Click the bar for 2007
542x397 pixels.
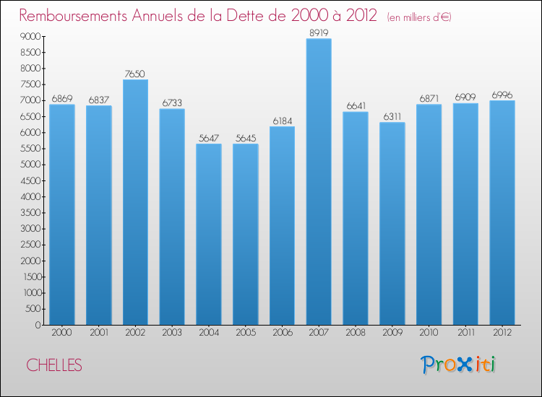(x=319, y=182)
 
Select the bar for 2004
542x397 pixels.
(x=209, y=235)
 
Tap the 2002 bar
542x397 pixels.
(x=135, y=202)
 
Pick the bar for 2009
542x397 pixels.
(x=392, y=224)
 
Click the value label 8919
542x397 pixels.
(x=319, y=32)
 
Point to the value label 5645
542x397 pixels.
(x=245, y=137)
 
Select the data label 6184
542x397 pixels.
(x=282, y=121)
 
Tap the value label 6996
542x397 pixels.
(x=502, y=95)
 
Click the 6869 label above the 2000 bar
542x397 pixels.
(x=61, y=98)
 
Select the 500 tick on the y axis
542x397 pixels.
(x=32, y=309)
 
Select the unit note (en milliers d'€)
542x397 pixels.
(x=419, y=17)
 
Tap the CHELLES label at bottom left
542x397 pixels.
(x=54, y=366)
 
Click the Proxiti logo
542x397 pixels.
(x=458, y=365)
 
